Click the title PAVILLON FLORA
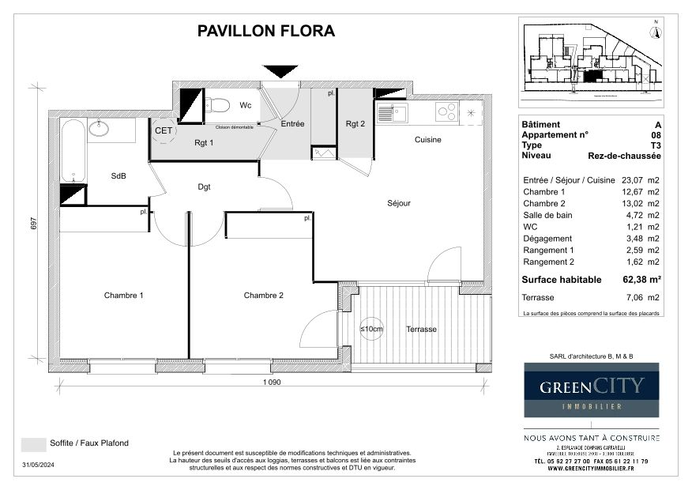click(x=265, y=32)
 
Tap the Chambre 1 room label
click(x=124, y=296)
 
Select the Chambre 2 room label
click(x=264, y=296)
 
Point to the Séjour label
click(x=399, y=203)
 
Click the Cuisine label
click(x=428, y=140)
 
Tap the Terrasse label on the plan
click(x=421, y=329)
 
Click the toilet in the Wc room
click(x=217, y=104)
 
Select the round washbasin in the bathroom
click(x=100, y=128)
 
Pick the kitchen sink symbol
click(x=392, y=113)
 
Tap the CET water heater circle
click(x=164, y=131)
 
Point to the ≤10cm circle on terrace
click(x=371, y=329)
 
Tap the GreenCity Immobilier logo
click(x=592, y=390)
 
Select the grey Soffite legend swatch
click(x=33, y=443)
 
